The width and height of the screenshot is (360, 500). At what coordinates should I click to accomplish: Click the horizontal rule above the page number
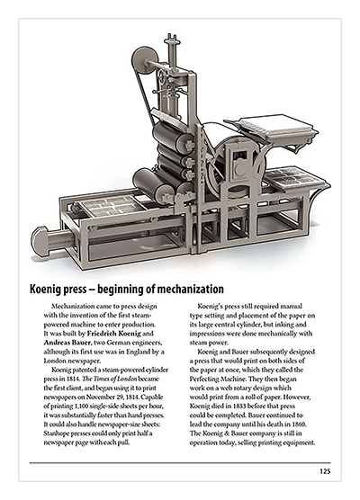click(180, 462)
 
